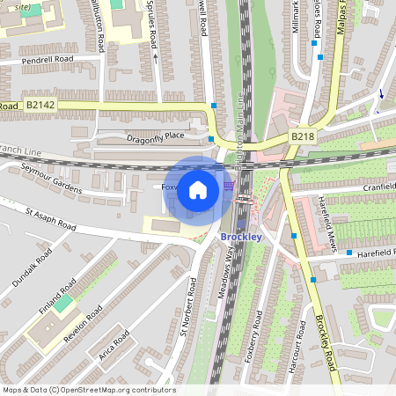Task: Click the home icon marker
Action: (198, 189)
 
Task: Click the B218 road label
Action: (302, 137)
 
